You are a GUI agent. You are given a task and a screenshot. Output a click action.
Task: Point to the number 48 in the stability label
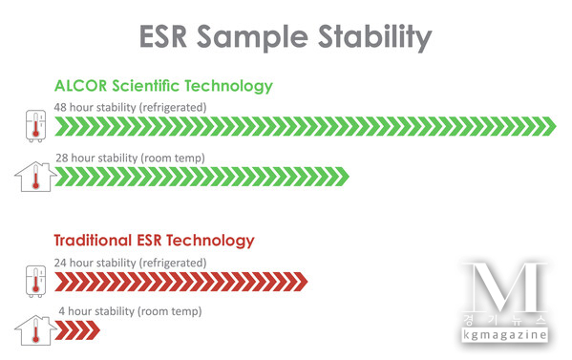point(61,107)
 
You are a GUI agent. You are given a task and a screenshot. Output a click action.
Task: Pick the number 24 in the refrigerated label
point(61,262)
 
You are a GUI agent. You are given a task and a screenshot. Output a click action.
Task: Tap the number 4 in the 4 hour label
point(61,312)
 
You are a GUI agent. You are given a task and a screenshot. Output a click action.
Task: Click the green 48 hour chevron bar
point(305,125)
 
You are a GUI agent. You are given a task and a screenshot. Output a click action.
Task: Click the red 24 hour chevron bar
point(181,281)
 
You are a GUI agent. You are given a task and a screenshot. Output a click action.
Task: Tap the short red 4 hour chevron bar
point(77,331)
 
